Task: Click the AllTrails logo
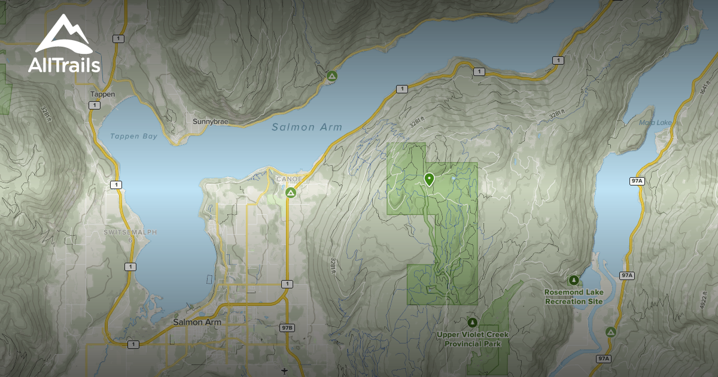click(x=64, y=45)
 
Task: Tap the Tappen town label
click(x=102, y=94)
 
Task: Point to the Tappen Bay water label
click(x=133, y=136)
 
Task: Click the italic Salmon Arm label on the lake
click(x=307, y=127)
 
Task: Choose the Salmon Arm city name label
click(x=197, y=322)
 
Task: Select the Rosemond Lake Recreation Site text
click(x=573, y=297)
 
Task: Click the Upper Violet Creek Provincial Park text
click(x=473, y=339)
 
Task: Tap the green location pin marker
click(x=429, y=179)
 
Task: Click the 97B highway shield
click(x=287, y=327)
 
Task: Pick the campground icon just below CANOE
click(x=290, y=192)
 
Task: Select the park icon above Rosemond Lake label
click(x=574, y=280)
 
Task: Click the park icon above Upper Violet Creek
click(x=472, y=323)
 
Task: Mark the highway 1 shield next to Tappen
click(x=94, y=105)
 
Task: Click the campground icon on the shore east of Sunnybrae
click(x=331, y=76)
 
